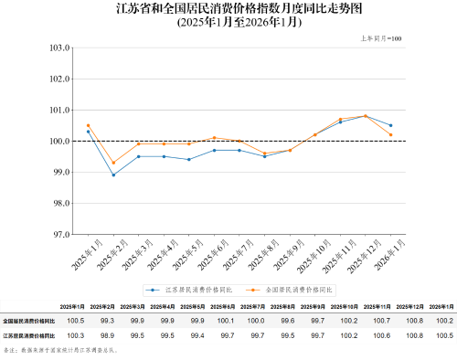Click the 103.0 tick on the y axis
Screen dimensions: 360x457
coord(60,48)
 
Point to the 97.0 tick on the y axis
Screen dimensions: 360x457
coord(61,235)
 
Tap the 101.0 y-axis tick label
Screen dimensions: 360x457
coord(60,111)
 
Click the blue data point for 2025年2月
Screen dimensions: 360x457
coord(113,175)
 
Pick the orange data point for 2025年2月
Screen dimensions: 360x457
coord(113,163)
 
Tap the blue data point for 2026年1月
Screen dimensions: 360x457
coord(391,125)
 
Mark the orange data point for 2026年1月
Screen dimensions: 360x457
coord(391,135)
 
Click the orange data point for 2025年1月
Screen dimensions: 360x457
coord(89,125)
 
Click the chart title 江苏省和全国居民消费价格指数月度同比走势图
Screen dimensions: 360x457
coord(228,10)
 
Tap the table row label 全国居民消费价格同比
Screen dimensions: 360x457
coord(28,322)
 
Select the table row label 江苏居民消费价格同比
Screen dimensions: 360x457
coord(28,335)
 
